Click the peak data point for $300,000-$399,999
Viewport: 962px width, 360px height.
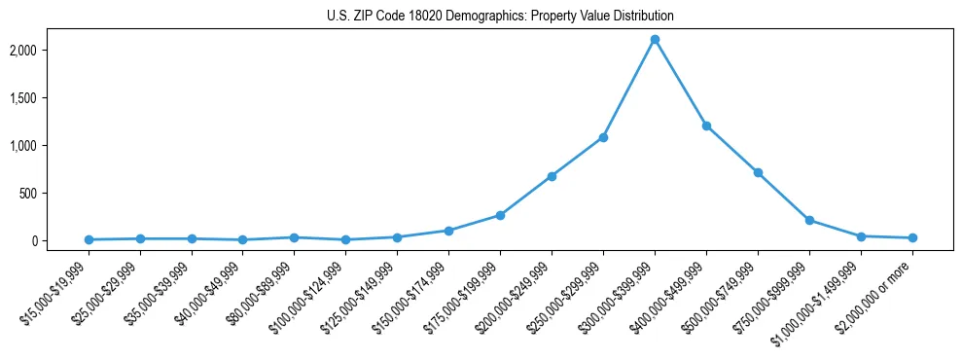coord(655,39)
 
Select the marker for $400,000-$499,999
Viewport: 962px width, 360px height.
coord(706,126)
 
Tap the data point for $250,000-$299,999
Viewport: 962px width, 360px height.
coord(603,137)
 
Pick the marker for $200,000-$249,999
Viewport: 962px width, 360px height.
coord(552,176)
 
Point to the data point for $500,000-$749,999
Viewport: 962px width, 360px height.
coord(758,172)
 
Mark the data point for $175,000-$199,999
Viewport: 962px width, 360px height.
coord(500,215)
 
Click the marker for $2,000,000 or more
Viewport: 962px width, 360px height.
coord(912,237)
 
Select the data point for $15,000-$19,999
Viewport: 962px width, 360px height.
coord(89,239)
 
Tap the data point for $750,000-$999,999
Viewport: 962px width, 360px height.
coord(809,220)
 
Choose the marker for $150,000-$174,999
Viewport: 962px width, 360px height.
coord(448,231)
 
